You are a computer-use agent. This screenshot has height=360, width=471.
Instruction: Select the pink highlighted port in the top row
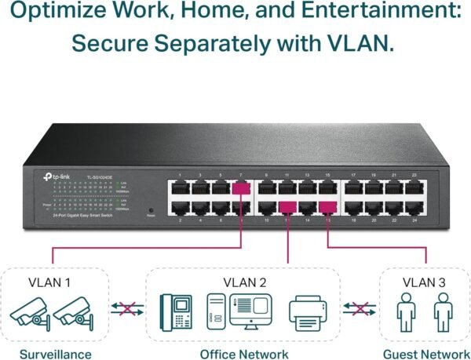pyautogui.click(x=241, y=187)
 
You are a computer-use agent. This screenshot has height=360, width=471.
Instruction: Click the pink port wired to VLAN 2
pyautogui.click(x=288, y=207)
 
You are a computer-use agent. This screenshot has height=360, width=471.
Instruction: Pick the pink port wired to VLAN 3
pyautogui.click(x=327, y=207)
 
